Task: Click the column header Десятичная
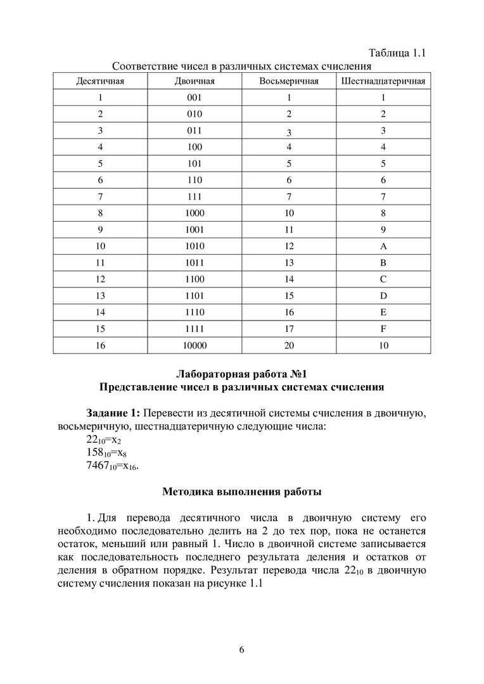100,82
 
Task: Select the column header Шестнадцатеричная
383,82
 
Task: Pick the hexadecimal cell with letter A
383,246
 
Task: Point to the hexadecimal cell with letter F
383,329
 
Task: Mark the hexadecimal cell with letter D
383,296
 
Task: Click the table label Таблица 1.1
396,53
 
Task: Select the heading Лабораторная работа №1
241,373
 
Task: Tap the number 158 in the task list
97,453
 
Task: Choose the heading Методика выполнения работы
241,491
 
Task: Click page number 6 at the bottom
241,650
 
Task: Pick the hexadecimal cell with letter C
383,279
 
